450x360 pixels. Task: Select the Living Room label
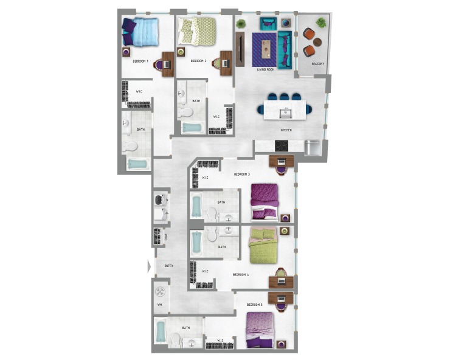266,70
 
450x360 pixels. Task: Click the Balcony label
317,64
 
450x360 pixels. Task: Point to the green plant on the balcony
321,22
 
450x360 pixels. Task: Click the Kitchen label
286,130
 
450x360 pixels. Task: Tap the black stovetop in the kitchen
282,145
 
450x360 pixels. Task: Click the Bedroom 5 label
254,304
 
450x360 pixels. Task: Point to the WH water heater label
160,305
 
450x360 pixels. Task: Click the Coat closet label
166,237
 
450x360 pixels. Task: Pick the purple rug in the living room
266,50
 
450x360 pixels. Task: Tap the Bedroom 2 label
198,61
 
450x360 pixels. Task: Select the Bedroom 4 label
240,275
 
